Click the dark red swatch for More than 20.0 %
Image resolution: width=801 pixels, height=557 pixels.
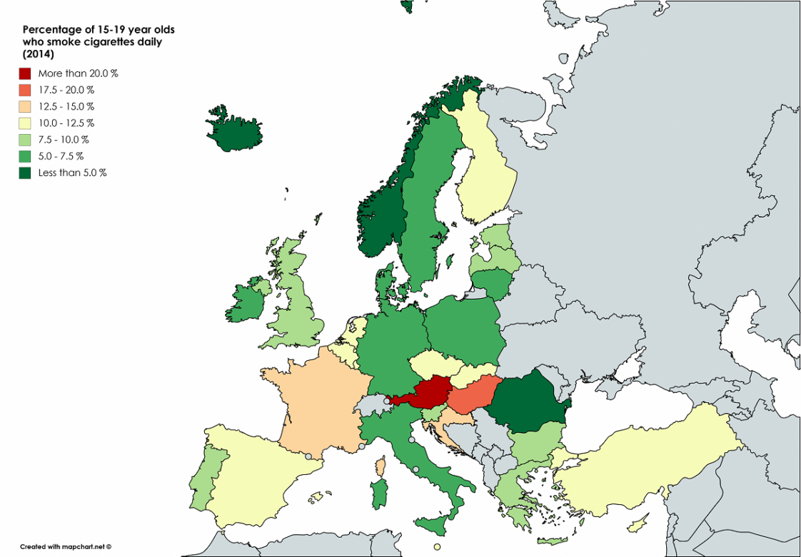[25, 73]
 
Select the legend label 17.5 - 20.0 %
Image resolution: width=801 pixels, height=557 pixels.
[66, 90]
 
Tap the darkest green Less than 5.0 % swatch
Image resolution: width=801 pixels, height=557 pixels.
[25, 173]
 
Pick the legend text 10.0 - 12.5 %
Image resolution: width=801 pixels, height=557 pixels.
[66, 123]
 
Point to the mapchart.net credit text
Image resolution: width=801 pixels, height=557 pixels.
[66, 546]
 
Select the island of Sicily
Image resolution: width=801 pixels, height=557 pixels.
[433, 525]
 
